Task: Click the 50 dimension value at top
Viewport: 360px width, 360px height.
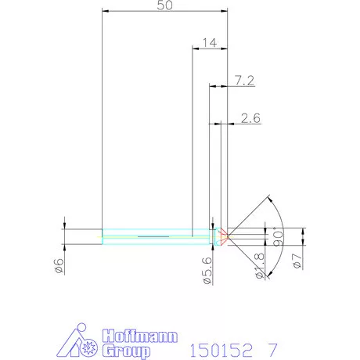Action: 165,5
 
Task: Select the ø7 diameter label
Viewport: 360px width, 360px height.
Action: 296,261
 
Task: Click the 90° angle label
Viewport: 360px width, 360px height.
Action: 275,235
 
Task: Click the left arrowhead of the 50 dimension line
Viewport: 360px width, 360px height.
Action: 105,12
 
